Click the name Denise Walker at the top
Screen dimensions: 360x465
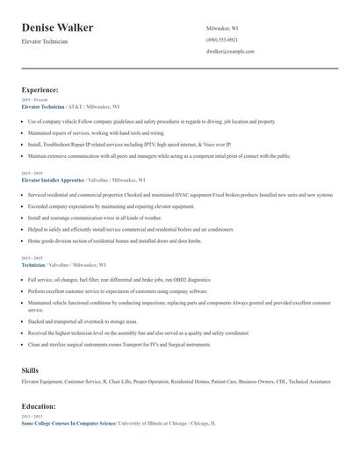pos(58,28)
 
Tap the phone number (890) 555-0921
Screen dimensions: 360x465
pos(221,39)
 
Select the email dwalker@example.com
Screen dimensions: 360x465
pos(230,52)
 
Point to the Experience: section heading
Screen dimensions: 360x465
pos(40,89)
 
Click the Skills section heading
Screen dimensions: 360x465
pos(30,370)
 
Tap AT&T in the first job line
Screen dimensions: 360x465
pos(76,106)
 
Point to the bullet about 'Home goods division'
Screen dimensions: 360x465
pos(114,240)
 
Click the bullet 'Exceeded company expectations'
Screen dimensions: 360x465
pos(111,206)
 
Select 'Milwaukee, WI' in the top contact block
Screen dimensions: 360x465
pos(223,28)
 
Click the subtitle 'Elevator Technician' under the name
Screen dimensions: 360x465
pos(45,41)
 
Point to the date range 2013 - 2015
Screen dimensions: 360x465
pos(31,257)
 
